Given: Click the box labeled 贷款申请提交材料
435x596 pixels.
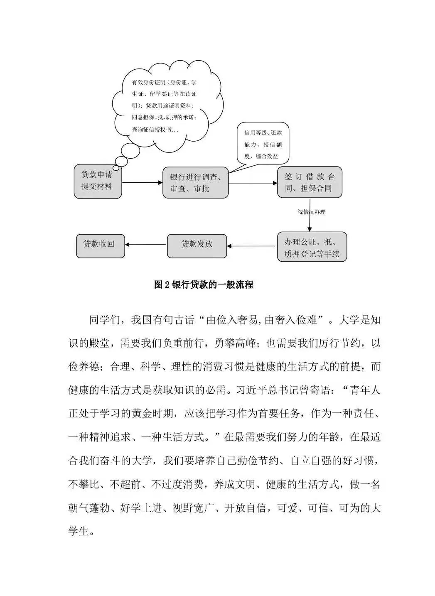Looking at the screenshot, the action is point(97,181).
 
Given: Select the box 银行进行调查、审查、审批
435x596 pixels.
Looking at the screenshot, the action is point(195,183).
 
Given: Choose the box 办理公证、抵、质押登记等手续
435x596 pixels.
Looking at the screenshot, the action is point(312,248).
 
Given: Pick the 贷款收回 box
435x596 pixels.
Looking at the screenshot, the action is point(100,245).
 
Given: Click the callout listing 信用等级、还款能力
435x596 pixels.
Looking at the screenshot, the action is point(263,145).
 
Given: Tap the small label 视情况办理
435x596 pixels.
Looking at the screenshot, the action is point(311,212).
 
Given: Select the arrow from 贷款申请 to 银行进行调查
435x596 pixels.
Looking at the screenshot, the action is point(141,182).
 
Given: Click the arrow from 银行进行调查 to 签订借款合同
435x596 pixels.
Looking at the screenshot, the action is point(253,183).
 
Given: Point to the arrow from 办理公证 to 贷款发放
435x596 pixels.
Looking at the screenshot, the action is point(252,246).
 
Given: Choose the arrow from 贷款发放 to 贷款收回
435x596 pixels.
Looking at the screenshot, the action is point(146,245).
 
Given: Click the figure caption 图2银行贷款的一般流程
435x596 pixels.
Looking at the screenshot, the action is point(204,285).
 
